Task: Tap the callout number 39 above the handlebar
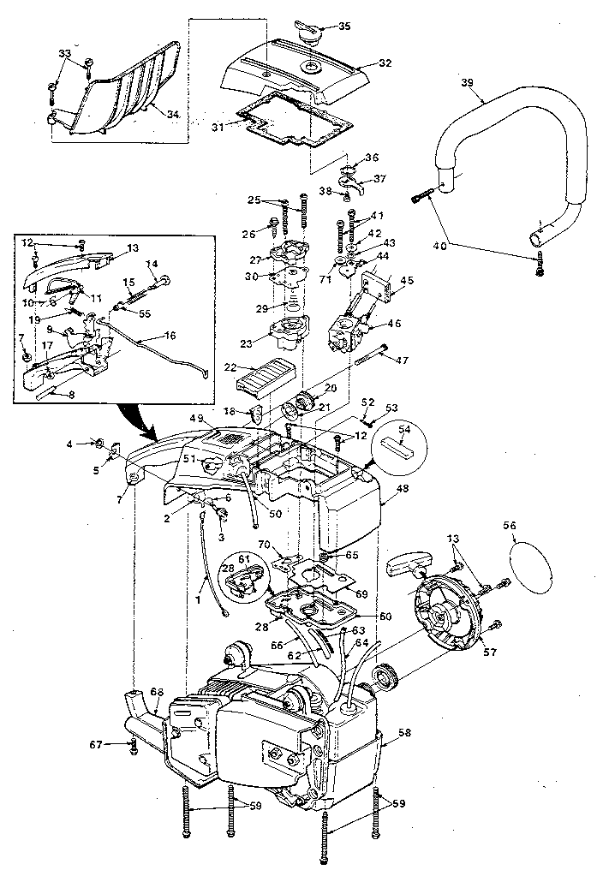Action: pos(467,82)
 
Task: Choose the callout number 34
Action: pos(173,114)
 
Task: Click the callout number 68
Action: pos(156,691)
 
